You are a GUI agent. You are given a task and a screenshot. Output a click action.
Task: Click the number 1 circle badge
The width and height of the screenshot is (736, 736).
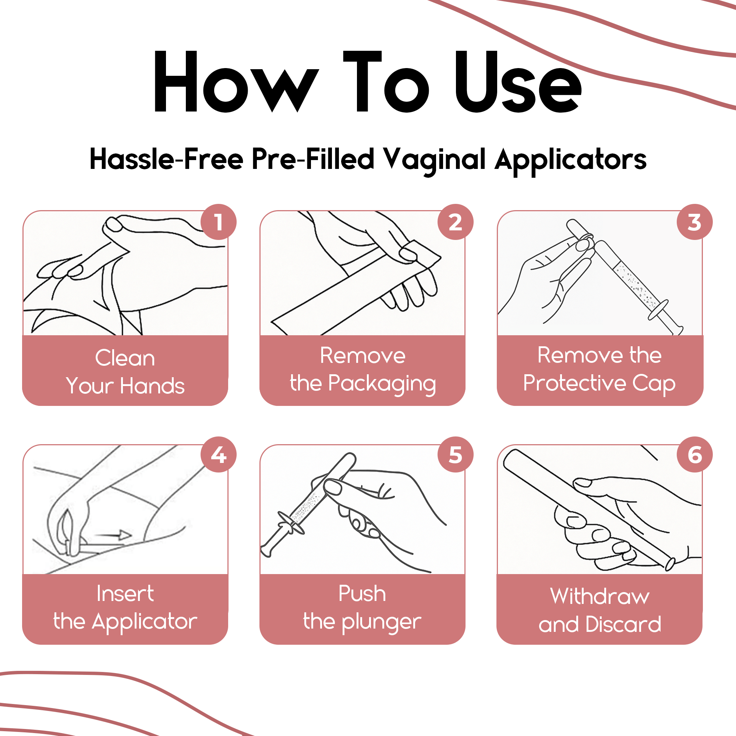coord(218,222)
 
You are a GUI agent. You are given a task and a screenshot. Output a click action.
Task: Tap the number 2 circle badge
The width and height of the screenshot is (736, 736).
coord(455,222)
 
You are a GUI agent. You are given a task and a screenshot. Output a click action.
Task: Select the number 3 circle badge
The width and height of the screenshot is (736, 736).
coord(694,222)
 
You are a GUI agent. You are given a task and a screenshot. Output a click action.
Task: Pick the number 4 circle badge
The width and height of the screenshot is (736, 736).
coord(218,454)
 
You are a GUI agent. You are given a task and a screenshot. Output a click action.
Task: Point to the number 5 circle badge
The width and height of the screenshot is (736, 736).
coord(455,454)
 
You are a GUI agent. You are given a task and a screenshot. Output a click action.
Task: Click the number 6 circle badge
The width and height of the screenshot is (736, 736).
coord(694,454)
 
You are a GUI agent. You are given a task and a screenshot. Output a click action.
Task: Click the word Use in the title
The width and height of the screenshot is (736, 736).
coord(518,82)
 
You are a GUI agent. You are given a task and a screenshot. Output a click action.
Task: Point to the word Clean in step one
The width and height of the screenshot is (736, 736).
coord(125,358)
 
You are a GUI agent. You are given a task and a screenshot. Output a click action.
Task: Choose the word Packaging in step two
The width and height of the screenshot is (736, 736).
coord(382,383)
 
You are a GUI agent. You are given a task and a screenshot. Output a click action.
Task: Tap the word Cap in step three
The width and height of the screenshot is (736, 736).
coord(654,383)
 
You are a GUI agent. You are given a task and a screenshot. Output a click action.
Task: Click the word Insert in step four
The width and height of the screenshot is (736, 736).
coord(125,594)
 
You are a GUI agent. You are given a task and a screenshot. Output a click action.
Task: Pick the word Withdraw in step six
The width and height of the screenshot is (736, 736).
coord(599,596)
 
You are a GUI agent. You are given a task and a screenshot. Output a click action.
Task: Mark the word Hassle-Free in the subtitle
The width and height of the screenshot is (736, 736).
coord(166,159)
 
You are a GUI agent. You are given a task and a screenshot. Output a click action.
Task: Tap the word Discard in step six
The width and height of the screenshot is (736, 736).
coord(623,624)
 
